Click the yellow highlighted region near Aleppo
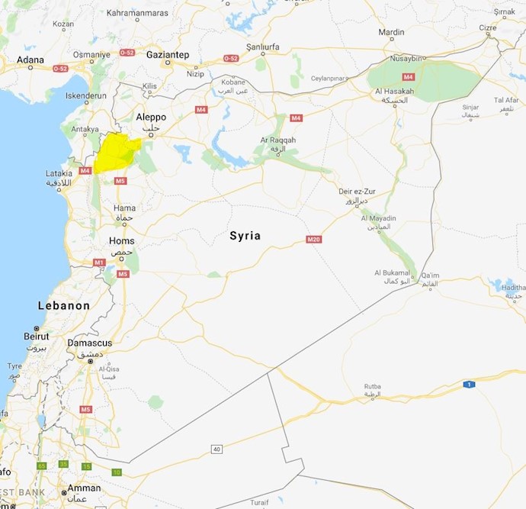(x=115, y=153)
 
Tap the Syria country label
(x=245, y=236)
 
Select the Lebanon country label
(x=64, y=305)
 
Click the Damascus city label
(x=90, y=343)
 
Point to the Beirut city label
(x=36, y=336)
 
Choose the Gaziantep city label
(x=167, y=54)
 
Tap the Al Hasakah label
(x=394, y=92)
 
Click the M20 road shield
(x=313, y=240)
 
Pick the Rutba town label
(x=372, y=386)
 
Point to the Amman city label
(x=83, y=488)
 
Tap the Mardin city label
(x=391, y=32)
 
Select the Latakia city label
(x=59, y=173)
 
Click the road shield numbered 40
(x=216, y=449)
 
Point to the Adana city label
(x=30, y=59)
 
